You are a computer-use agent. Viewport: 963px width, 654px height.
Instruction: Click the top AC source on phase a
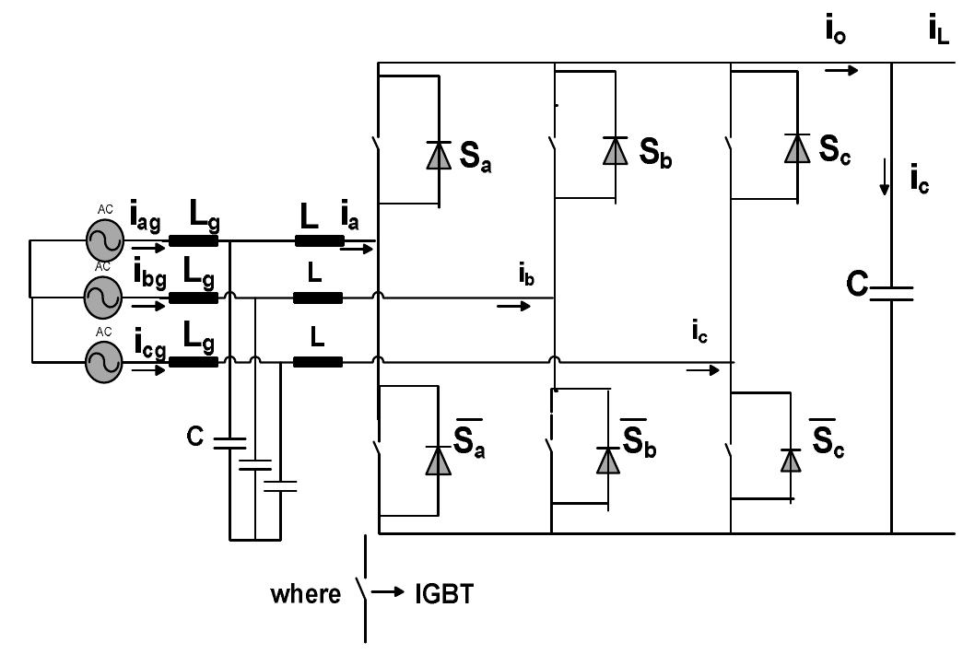click(103, 241)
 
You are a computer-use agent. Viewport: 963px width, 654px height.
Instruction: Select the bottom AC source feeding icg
click(103, 362)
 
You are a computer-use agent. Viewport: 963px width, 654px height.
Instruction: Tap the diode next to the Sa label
click(439, 156)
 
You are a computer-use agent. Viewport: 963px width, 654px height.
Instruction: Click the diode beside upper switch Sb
click(615, 150)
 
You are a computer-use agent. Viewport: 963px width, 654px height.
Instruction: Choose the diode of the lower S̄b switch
click(608, 459)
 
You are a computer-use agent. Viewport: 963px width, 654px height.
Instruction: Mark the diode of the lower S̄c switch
click(790, 459)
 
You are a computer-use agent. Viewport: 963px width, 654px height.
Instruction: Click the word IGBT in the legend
click(443, 594)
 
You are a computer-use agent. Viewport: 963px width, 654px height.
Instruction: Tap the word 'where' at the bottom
click(305, 595)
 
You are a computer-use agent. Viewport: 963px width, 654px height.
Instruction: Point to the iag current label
click(145, 221)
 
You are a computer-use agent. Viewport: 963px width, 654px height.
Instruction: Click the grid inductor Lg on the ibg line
click(194, 298)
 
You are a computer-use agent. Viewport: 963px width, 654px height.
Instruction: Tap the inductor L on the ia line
click(319, 241)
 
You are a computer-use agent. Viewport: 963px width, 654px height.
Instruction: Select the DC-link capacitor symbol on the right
click(891, 292)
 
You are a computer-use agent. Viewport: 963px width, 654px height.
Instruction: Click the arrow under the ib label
click(513, 306)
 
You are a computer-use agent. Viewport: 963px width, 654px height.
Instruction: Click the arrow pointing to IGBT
click(390, 594)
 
